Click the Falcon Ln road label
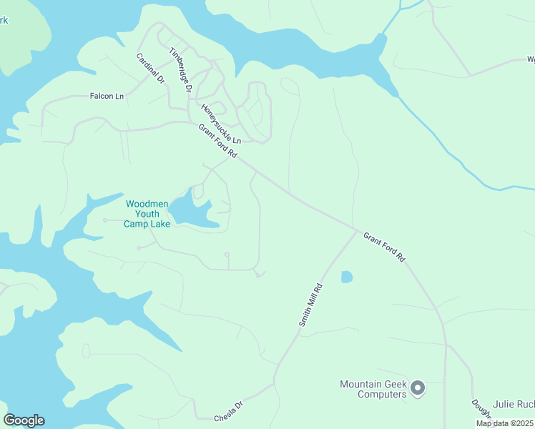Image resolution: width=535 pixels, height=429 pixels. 107,96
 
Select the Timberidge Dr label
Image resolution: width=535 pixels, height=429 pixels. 180,70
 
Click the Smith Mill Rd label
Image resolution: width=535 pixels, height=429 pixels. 311,305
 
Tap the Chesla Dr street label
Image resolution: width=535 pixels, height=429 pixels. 229,413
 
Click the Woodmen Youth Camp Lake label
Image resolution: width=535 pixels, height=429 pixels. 147,214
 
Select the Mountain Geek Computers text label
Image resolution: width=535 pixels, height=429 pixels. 373,389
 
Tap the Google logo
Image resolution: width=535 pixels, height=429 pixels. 24,420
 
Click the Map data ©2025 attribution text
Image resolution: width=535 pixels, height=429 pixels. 504,423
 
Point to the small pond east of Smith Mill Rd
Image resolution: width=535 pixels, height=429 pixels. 347,277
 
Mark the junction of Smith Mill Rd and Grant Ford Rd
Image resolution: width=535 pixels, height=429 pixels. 356,230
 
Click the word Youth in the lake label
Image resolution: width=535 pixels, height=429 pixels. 147,214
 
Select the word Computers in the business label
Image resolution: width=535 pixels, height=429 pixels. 373,394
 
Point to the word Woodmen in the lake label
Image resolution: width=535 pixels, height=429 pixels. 147,204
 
